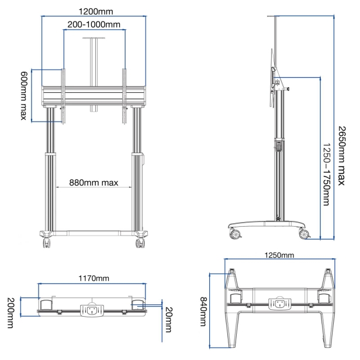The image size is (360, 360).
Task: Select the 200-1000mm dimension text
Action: [94, 24]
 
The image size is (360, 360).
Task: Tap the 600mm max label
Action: [24, 95]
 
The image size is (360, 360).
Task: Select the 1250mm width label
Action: [279, 255]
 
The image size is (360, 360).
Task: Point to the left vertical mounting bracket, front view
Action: [63, 97]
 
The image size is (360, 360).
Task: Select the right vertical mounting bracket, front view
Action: [124, 97]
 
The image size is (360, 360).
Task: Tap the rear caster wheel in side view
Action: [236, 234]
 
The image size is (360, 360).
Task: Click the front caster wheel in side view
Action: [304, 234]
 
